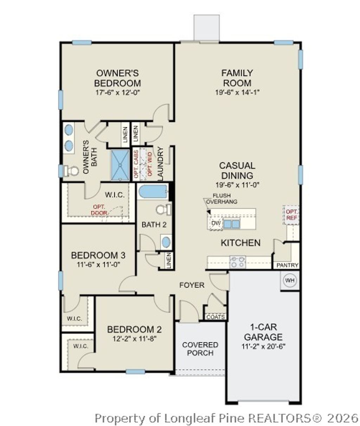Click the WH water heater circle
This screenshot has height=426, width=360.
click(x=290, y=280)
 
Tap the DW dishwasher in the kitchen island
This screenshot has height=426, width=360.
click(x=216, y=223)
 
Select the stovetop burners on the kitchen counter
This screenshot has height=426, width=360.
click(x=238, y=262)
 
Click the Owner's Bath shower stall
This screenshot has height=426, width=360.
click(x=120, y=165)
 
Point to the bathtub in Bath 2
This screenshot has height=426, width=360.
click(x=153, y=192)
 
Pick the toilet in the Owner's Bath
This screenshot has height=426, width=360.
click(x=71, y=171)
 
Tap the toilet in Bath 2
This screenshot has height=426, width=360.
click(x=163, y=209)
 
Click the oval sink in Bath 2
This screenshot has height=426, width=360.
click(x=166, y=242)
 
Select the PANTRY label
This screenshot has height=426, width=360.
click(x=287, y=265)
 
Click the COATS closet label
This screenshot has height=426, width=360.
click(x=216, y=317)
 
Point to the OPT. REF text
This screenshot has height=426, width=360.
click(x=292, y=215)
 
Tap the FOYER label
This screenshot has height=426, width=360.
click(x=192, y=285)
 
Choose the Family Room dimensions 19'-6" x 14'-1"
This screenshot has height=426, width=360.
click(x=237, y=92)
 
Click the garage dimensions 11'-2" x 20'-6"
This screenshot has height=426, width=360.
click(x=263, y=347)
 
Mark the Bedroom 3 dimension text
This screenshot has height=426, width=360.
click(x=98, y=265)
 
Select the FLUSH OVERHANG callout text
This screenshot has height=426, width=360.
click(x=221, y=199)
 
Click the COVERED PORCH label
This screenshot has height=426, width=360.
click(x=200, y=349)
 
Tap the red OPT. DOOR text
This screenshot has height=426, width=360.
click(x=99, y=210)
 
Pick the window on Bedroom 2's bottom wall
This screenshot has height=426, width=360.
click(x=135, y=372)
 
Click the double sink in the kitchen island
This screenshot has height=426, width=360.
click(x=232, y=224)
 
